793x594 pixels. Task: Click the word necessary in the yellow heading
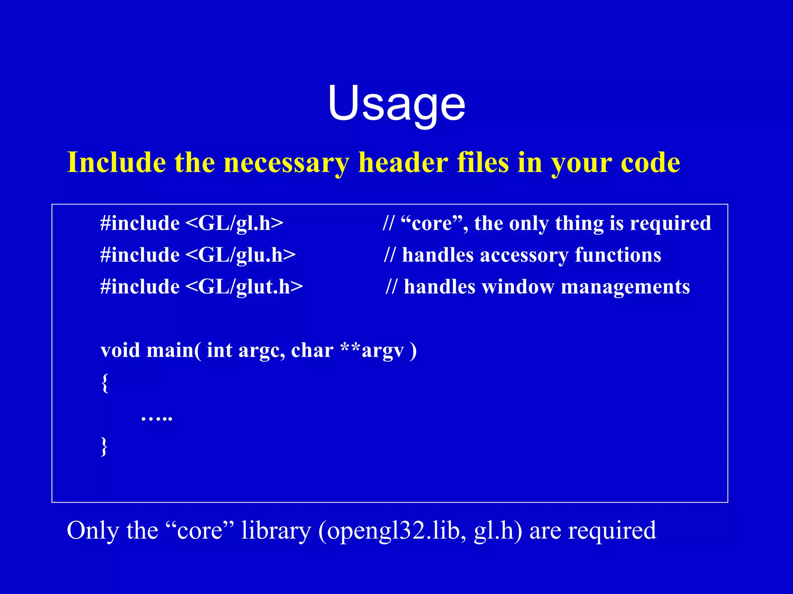(x=286, y=163)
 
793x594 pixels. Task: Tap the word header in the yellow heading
(x=403, y=163)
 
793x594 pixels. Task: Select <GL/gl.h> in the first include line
(x=235, y=223)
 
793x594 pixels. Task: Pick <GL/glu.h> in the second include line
(x=240, y=255)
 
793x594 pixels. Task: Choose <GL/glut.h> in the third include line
(x=244, y=287)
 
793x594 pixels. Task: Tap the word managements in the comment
(x=625, y=287)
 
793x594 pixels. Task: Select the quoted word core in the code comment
(x=432, y=224)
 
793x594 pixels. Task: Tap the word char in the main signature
(x=312, y=350)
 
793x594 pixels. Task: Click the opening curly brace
(x=105, y=383)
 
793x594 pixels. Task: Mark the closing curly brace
(x=104, y=446)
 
